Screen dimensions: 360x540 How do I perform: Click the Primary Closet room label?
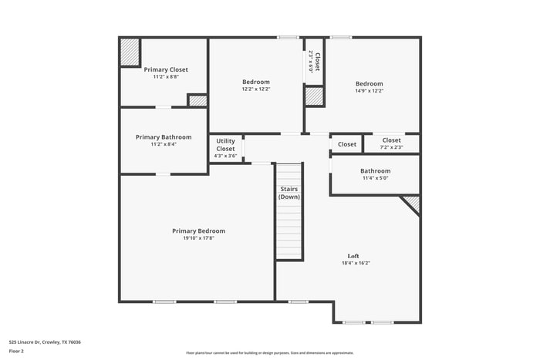tap(166, 69)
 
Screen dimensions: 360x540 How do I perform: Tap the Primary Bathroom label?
tap(164, 137)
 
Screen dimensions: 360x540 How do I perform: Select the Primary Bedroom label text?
tap(198, 230)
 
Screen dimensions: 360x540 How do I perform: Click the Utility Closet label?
tap(225, 145)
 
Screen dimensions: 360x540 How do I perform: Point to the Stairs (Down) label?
tap(289, 193)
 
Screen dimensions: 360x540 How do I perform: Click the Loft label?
tap(353, 256)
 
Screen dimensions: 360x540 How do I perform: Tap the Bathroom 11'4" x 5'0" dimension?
tap(376, 179)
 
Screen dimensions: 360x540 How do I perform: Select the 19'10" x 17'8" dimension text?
tap(198, 238)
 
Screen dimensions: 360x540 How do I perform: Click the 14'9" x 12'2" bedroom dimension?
tap(369, 91)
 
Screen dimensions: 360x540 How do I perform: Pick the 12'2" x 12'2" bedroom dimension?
tap(256, 89)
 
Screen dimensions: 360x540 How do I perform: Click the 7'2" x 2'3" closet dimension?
tap(391, 147)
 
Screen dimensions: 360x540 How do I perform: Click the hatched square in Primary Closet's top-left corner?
tap(129, 52)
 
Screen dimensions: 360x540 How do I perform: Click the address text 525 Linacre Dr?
tap(45, 341)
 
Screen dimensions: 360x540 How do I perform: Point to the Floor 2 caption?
tap(17, 351)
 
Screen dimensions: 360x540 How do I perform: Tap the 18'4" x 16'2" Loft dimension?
tap(356, 263)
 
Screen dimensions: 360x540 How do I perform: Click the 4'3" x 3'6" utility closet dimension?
tap(225, 156)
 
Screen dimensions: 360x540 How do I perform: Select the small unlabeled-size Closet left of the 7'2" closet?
tap(347, 144)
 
